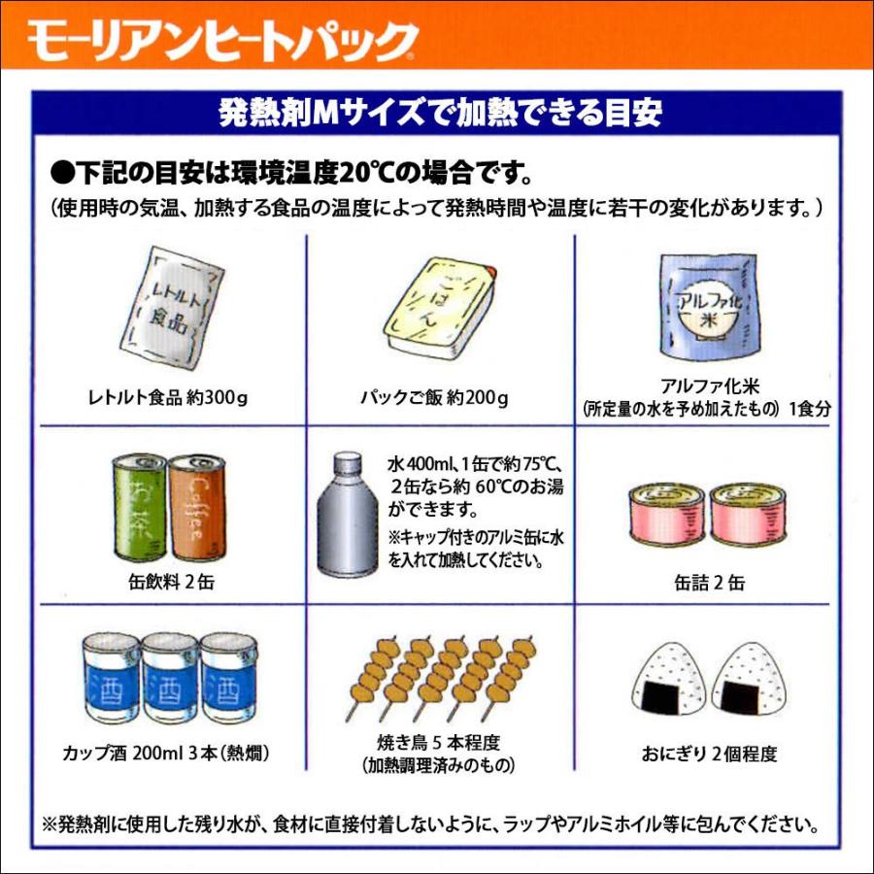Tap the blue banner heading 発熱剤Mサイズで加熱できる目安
(x=441, y=114)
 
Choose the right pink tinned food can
(x=745, y=515)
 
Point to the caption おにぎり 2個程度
(x=710, y=754)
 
